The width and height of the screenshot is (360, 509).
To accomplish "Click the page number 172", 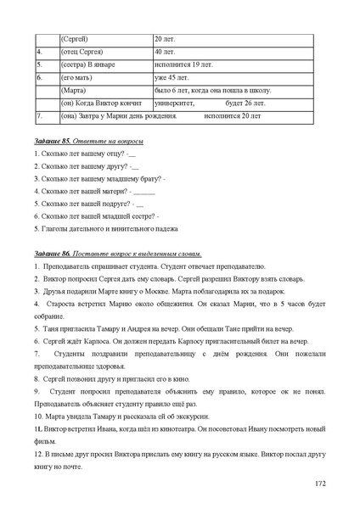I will pos(319,483).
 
